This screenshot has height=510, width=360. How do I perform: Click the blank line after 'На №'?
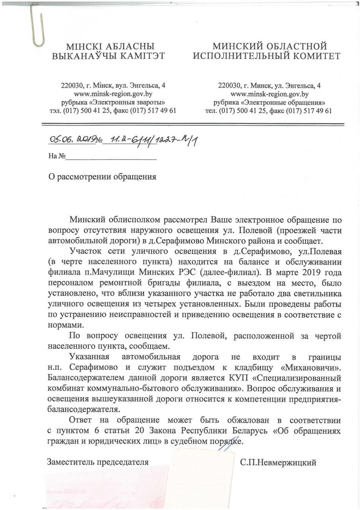pos(111,156)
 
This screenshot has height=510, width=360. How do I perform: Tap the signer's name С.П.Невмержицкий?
pos(278,462)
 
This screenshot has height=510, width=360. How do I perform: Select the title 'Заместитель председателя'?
pos(98,462)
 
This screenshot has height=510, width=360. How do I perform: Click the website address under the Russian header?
pos(270,94)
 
